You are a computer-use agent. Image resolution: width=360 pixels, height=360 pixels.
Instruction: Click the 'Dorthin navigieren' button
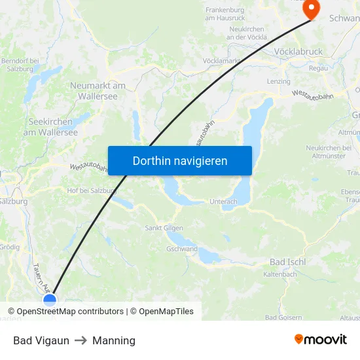pos(180,160)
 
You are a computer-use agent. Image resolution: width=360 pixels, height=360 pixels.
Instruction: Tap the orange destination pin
pos(311,9)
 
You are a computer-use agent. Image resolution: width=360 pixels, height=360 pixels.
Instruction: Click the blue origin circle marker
pos(50,300)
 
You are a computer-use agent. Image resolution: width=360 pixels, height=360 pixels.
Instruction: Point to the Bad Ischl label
pos(287,262)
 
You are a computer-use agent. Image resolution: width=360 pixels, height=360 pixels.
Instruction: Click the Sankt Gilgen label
pos(163,228)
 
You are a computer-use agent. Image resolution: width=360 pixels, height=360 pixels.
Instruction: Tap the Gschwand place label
pos(182,249)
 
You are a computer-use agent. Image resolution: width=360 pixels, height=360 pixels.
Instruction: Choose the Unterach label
pos(224,202)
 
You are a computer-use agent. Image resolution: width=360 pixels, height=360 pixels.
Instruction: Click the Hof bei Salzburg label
pos(92,190)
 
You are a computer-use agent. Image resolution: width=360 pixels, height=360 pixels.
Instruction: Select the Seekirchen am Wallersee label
pos(50,127)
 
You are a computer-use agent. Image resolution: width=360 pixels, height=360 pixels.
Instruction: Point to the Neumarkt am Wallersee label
pos(98,90)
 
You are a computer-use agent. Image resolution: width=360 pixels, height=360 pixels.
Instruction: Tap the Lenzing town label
pos(279,81)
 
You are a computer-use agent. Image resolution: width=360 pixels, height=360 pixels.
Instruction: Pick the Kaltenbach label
pos(279,274)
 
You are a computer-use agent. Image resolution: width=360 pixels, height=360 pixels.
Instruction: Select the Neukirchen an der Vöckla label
pos(247,33)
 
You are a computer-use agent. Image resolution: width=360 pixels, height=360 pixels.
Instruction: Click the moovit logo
pos(320,340)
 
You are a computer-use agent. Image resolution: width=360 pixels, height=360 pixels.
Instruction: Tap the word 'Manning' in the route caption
pos(114,340)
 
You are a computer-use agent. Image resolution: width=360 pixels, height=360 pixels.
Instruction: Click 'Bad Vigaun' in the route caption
pos(41,340)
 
